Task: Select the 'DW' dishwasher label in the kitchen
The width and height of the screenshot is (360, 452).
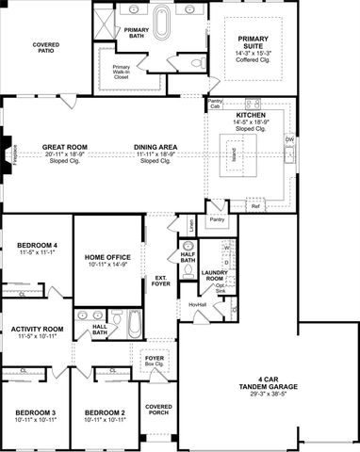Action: pos(288,140)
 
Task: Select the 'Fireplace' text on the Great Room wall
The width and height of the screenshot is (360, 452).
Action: pos(6,153)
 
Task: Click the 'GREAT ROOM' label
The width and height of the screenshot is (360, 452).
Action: pos(65,147)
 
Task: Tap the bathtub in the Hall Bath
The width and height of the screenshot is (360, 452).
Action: pos(134,326)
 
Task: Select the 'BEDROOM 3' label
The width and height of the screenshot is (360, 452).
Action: pos(34,412)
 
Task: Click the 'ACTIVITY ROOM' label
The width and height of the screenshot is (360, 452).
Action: pos(38,330)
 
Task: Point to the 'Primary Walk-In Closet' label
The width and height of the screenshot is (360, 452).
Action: pos(122,72)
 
